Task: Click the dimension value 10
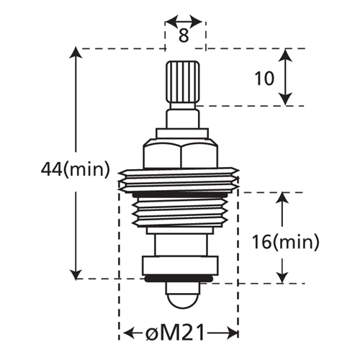[x=265, y=78]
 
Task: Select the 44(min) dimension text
[x=75, y=170]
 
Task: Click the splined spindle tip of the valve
[x=183, y=82]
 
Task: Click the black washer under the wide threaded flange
[x=180, y=193]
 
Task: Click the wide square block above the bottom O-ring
[x=180, y=265]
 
